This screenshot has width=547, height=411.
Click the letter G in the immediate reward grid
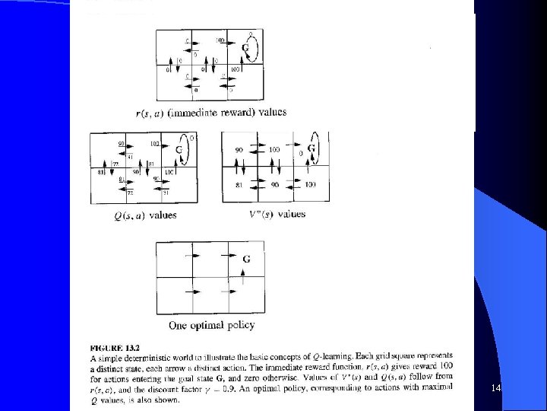(245, 48)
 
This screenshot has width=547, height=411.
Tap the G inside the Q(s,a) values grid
(179, 149)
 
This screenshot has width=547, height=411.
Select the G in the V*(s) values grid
(311, 147)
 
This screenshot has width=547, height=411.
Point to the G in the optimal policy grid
(246, 259)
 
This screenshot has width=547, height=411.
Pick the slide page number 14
(497, 389)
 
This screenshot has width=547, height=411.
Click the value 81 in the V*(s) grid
(239, 185)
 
